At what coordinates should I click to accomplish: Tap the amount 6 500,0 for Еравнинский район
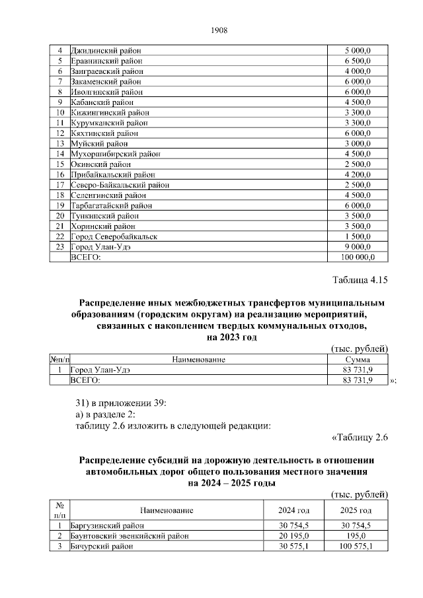tap(358, 61)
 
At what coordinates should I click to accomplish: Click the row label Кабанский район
tap(102, 102)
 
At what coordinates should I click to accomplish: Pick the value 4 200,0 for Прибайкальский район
tap(358, 175)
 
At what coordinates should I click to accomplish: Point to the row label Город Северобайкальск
tap(114, 236)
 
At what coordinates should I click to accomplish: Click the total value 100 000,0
tap(358, 257)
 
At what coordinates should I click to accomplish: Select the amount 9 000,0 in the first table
tap(358, 246)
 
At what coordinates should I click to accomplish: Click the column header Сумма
tap(358, 360)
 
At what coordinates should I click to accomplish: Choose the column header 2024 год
tap(295, 511)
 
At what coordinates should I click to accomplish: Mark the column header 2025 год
tap(356, 511)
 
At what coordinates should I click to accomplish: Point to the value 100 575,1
tap(356, 547)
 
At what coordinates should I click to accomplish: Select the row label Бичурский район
tap(102, 547)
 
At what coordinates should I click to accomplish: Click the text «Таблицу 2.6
tap(358, 437)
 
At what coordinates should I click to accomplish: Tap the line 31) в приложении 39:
tap(120, 402)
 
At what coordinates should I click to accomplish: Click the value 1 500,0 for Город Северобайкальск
tap(358, 236)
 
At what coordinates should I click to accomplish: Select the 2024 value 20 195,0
tap(294, 537)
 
